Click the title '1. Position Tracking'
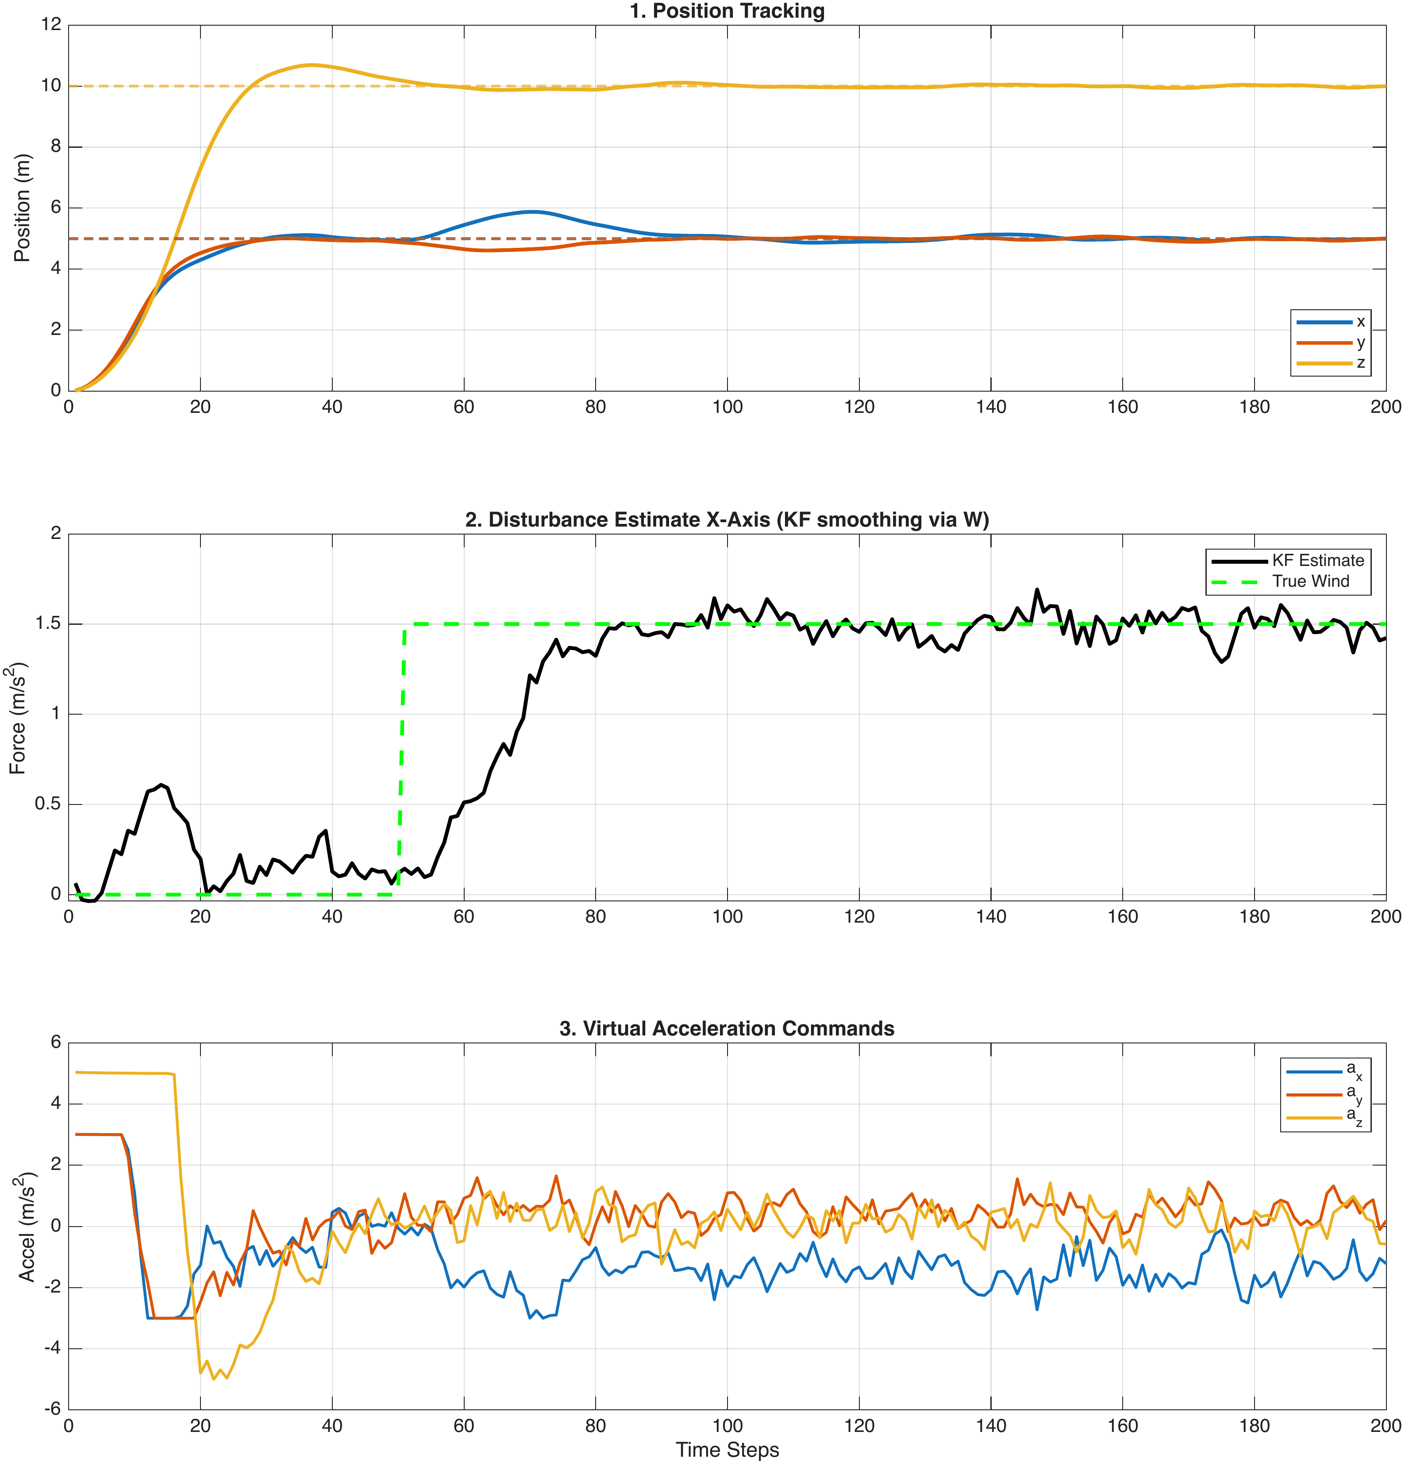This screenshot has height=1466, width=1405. [x=727, y=11]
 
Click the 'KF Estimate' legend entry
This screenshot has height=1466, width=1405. [x=1317, y=560]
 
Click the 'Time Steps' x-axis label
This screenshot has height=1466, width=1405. [x=727, y=1450]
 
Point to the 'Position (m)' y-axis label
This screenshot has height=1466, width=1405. [x=23, y=207]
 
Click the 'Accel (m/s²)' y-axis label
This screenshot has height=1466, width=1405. [x=26, y=1227]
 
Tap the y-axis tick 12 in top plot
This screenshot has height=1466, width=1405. [x=51, y=25]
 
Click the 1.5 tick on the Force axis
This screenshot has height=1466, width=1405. [x=47, y=624]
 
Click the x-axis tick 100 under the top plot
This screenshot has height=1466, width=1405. [x=727, y=407]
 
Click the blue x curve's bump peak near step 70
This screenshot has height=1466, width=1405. [x=531, y=212]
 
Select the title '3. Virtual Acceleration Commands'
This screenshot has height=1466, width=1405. [x=727, y=1028]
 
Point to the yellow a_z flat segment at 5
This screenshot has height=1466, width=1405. [x=123, y=1074]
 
